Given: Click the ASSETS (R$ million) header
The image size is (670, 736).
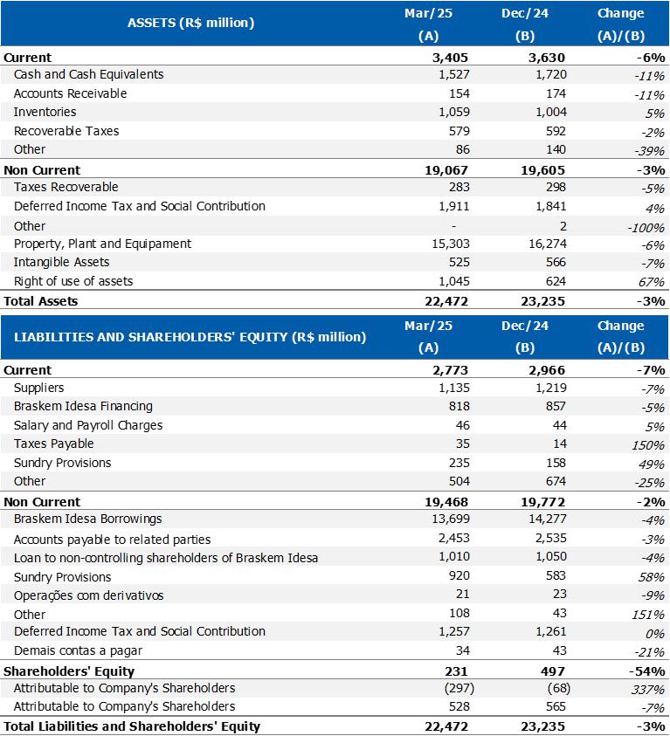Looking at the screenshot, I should click(x=190, y=23).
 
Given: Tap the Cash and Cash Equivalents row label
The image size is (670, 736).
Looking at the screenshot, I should click(x=88, y=74).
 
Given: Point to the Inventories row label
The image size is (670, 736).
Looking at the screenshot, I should click(x=45, y=112).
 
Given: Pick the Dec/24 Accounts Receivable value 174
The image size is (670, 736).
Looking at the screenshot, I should click(x=555, y=93).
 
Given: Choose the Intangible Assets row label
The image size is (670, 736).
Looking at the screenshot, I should click(x=61, y=262).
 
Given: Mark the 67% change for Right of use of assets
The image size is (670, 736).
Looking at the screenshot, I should click(x=652, y=282).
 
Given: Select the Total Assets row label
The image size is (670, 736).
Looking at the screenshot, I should click(x=41, y=301).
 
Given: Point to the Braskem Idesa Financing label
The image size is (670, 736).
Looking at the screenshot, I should click(x=83, y=406).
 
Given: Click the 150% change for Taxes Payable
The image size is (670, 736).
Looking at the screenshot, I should click(x=649, y=444).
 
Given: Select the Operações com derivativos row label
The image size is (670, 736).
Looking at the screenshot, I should click(x=88, y=595).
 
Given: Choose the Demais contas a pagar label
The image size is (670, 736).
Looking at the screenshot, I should click(x=78, y=650).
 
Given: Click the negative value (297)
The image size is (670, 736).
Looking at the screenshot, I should click(x=453, y=688).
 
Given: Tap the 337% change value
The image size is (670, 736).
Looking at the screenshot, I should click(x=649, y=689).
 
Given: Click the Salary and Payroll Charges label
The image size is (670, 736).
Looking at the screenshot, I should click(x=88, y=425).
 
